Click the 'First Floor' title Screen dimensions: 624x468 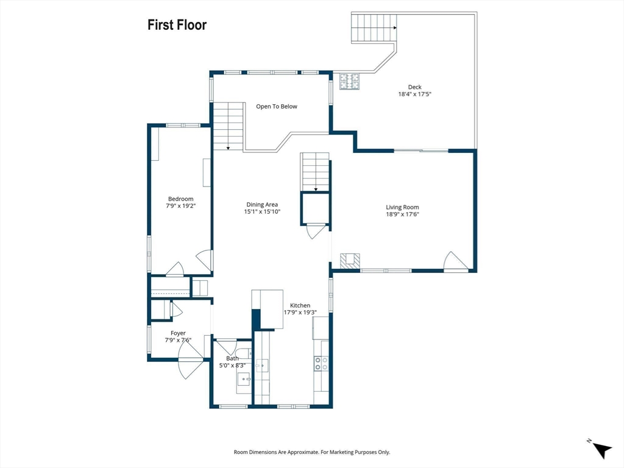pyautogui.click(x=177, y=24)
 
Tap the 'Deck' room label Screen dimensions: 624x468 pyautogui.click(x=414, y=87)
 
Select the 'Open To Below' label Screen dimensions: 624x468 pyautogui.click(x=277, y=107)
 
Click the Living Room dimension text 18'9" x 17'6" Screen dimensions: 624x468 pyautogui.click(x=402, y=214)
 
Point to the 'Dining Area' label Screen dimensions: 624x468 pyautogui.click(x=262, y=205)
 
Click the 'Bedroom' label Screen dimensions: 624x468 pyautogui.click(x=180, y=199)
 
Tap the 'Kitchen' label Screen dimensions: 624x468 pyautogui.click(x=300, y=306)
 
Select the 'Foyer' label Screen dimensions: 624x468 pyautogui.click(x=179, y=333)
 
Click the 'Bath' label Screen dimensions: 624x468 pyautogui.click(x=232, y=358)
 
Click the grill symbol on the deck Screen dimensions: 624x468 pyautogui.click(x=349, y=81)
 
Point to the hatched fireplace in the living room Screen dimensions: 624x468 pyautogui.click(x=350, y=261)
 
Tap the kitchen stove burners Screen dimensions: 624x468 pyautogui.click(x=322, y=363)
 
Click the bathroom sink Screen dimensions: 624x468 pyautogui.click(x=244, y=380)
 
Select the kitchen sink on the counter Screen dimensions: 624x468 pyautogui.click(x=262, y=366)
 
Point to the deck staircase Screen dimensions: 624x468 pyautogui.click(x=374, y=28)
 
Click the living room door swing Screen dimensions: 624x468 pyautogui.click(x=456, y=261)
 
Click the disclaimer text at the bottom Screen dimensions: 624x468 pyautogui.click(x=311, y=452)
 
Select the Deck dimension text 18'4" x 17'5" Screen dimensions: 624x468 pyautogui.click(x=414, y=94)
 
